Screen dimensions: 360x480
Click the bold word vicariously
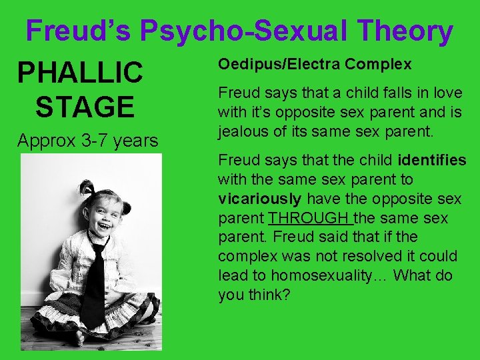[x=259, y=199]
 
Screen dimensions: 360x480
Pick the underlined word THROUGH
[x=309, y=219]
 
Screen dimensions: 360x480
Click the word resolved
[x=377, y=257]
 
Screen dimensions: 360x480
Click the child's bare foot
[x=80, y=337]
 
